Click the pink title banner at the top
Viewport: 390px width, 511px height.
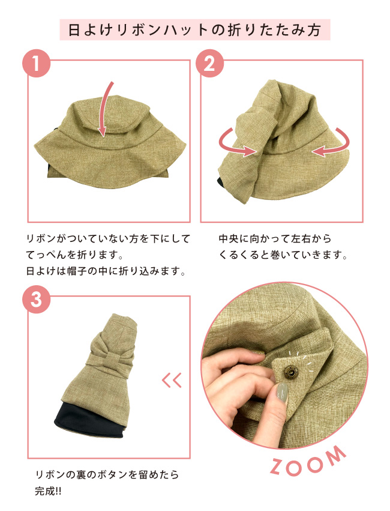pos(195,29)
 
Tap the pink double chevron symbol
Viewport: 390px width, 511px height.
pos(172,380)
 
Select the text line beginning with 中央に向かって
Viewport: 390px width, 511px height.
pos(275,239)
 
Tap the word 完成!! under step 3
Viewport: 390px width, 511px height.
pos(53,491)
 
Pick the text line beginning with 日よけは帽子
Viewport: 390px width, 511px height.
pos(104,271)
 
